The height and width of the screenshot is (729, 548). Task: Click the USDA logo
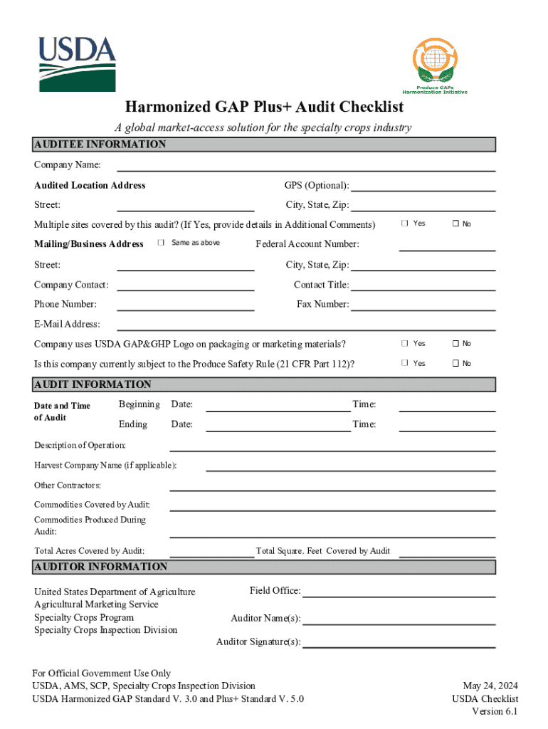(x=76, y=64)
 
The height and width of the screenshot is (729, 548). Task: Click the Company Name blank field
(x=306, y=167)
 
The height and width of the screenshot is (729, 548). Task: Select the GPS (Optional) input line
(x=423, y=187)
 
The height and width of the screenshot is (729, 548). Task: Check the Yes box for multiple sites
(x=405, y=224)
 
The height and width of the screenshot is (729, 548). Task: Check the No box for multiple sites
(x=455, y=224)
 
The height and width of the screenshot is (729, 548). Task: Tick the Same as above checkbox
(x=161, y=243)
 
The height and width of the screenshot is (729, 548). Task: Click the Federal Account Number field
(x=446, y=246)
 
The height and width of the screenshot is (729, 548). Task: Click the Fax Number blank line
(x=423, y=305)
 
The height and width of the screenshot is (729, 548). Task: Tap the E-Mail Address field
(x=306, y=325)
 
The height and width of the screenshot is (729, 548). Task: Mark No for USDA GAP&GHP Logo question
(x=455, y=343)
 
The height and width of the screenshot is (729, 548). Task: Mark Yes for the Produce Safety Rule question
(x=405, y=363)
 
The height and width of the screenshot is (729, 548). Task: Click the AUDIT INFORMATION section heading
(x=93, y=384)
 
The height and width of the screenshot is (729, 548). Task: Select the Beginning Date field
(x=278, y=407)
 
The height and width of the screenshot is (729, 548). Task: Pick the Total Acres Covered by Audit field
(x=212, y=552)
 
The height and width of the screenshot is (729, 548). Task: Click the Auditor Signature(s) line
(x=399, y=644)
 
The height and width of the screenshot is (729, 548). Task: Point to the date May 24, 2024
(x=490, y=686)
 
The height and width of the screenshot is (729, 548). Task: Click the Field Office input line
(x=399, y=592)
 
